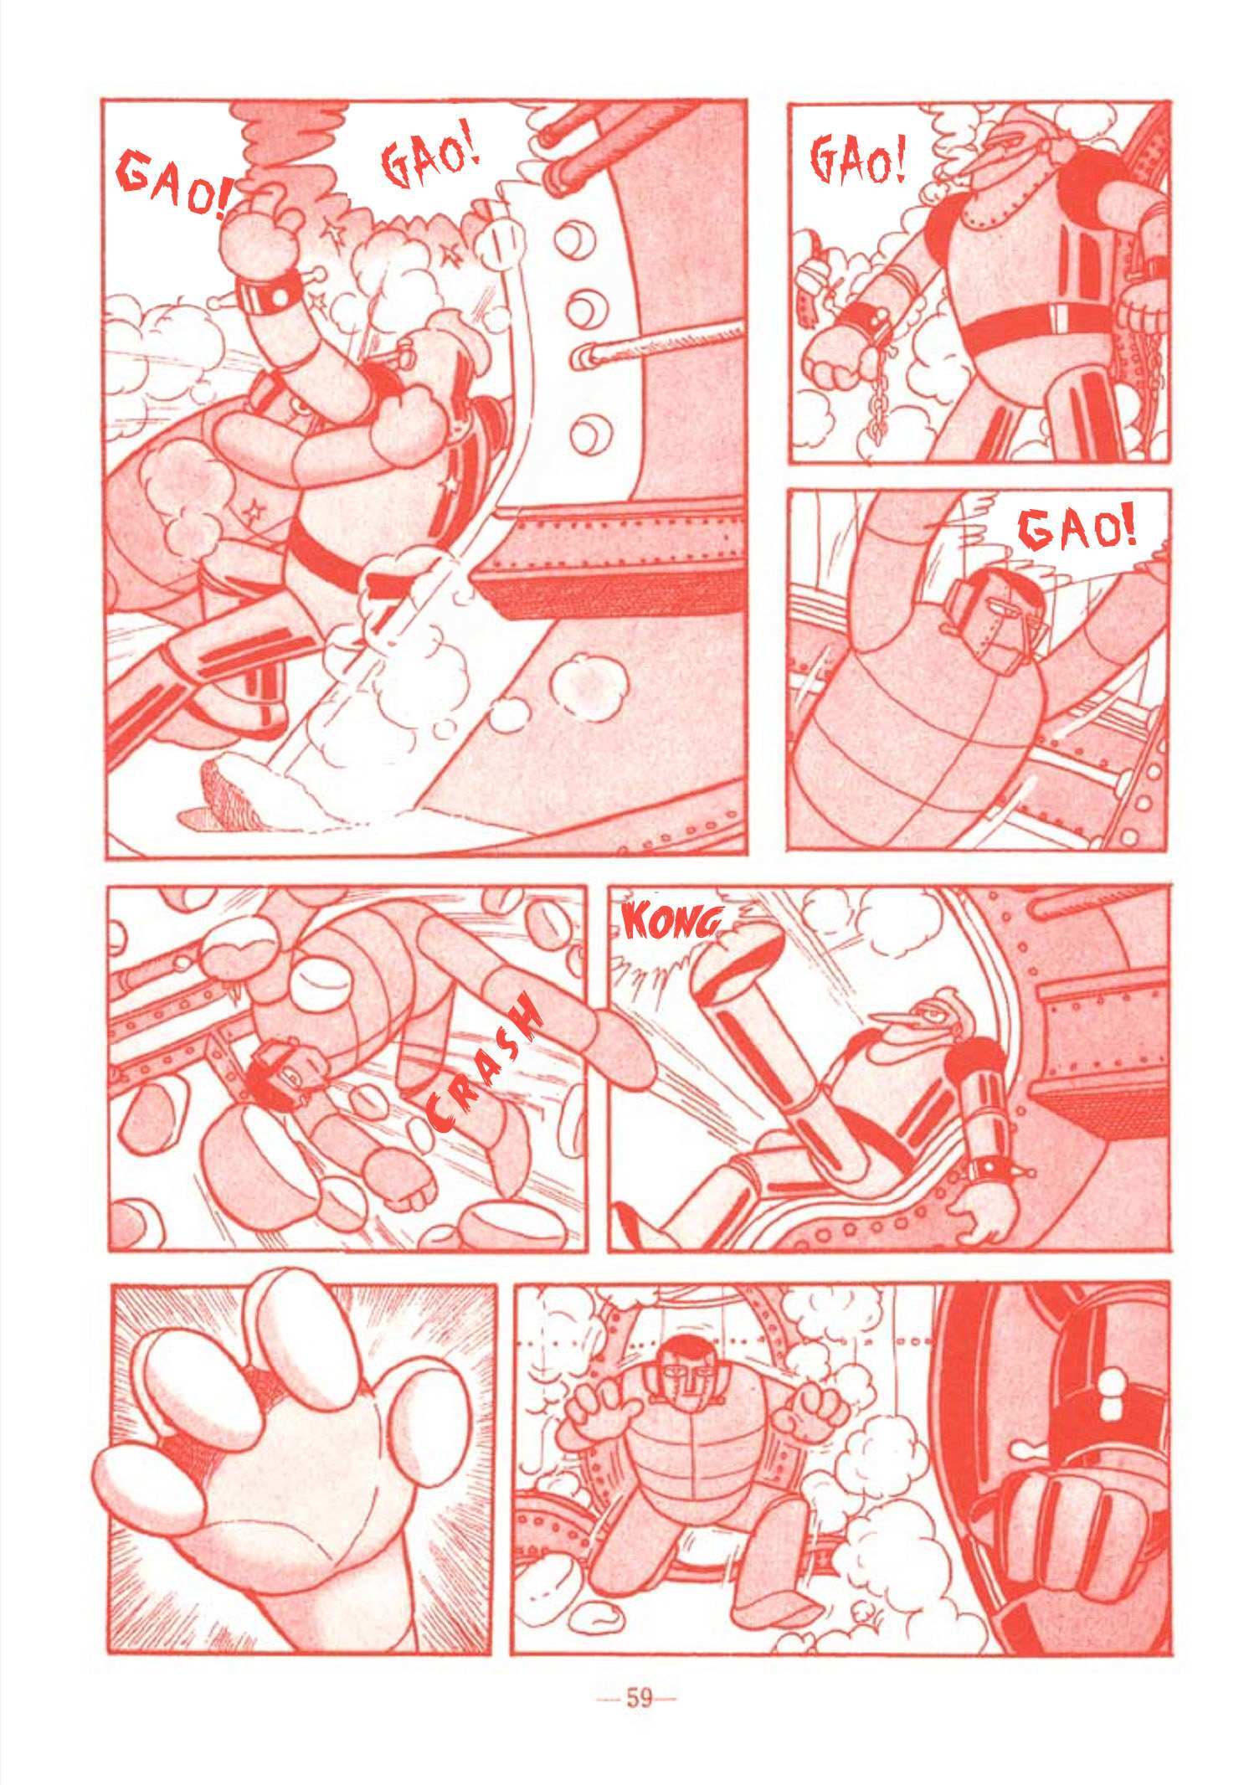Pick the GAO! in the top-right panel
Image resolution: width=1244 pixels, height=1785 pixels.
pyautogui.click(x=858, y=161)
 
